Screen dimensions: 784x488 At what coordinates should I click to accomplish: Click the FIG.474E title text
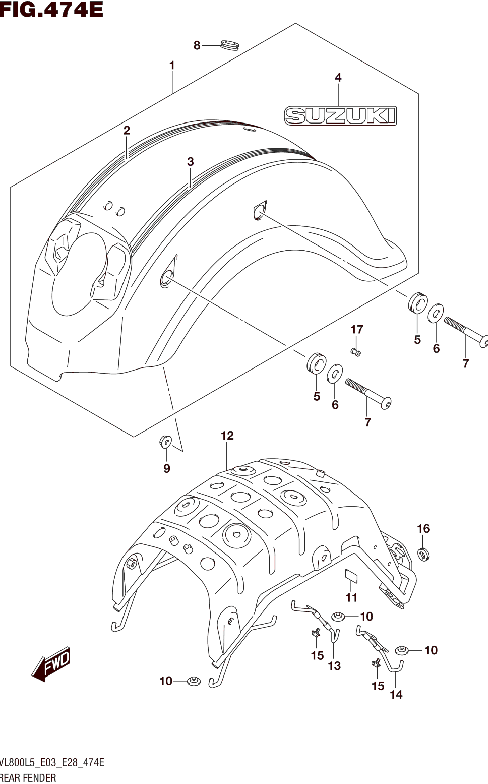[x=52, y=10]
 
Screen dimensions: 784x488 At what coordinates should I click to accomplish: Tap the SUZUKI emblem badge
[x=340, y=116]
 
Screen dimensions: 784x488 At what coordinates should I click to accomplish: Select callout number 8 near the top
[x=197, y=46]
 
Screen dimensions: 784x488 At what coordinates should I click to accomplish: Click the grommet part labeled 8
[x=230, y=45]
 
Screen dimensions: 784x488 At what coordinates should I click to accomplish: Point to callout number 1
[x=172, y=66]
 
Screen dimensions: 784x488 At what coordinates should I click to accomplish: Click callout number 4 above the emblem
[x=338, y=78]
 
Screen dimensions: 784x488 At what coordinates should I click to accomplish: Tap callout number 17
[x=357, y=329]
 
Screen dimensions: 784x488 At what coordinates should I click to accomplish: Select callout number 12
[x=227, y=436]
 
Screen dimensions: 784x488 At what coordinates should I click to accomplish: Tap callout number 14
[x=396, y=695]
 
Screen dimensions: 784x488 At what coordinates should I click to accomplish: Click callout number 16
[x=423, y=529]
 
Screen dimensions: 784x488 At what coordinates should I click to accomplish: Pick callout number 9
[x=167, y=468]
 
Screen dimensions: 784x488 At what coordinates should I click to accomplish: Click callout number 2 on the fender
[x=127, y=131]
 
